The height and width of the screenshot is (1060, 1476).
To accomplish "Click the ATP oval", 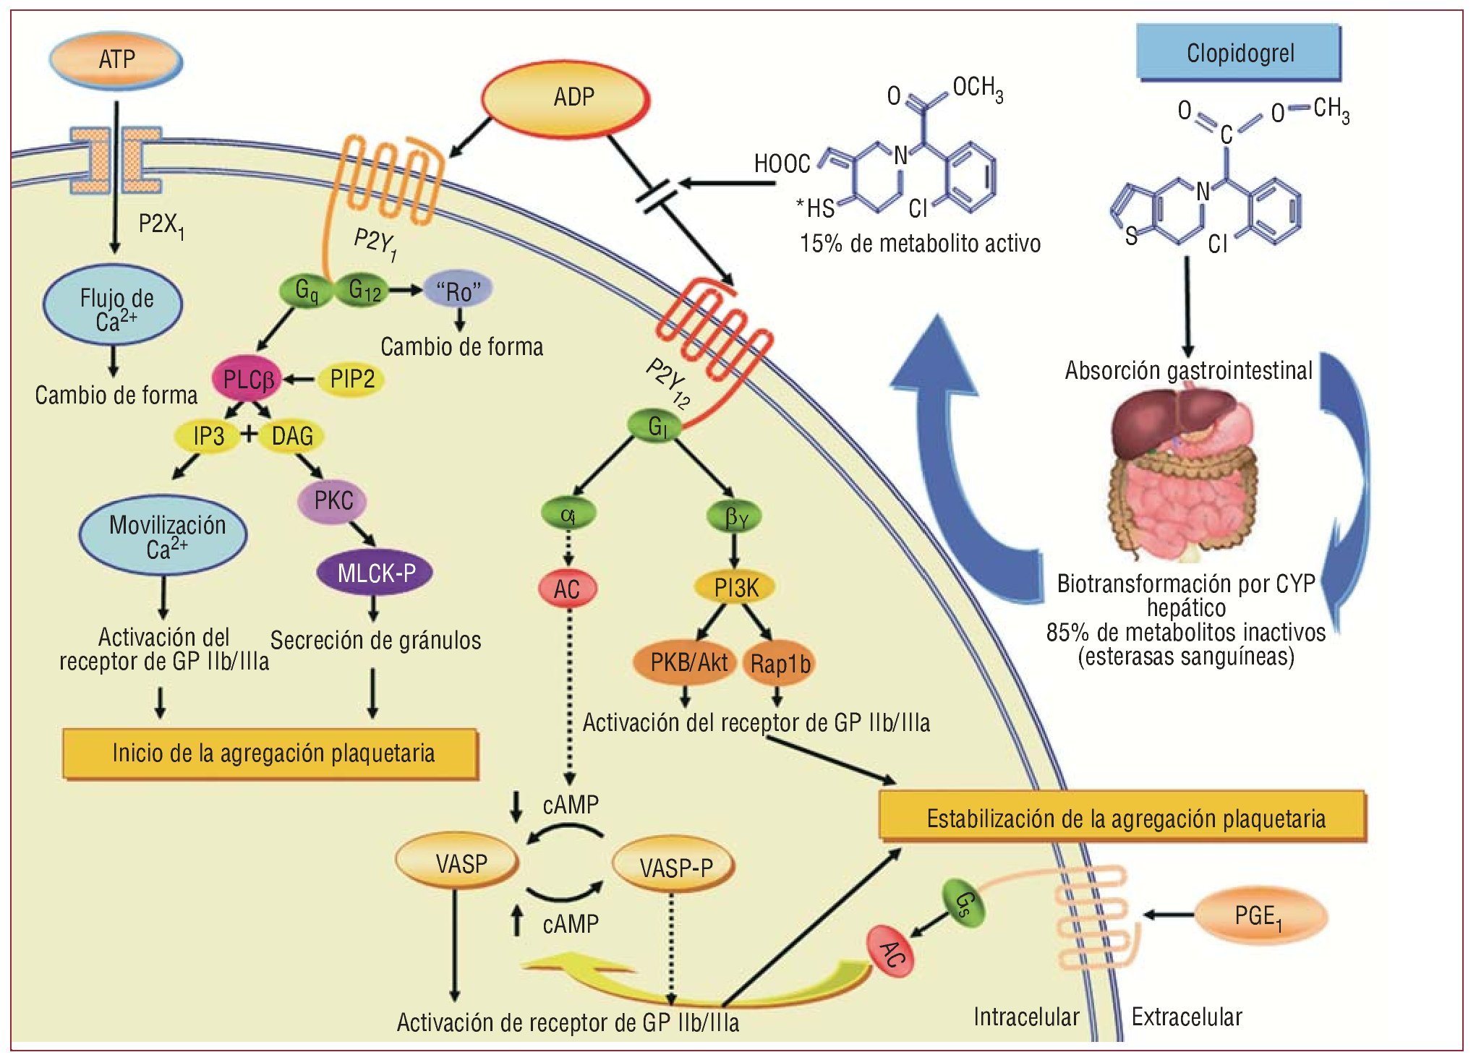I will point(116,59).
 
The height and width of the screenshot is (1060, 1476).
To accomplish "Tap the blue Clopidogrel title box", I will point(1239,53).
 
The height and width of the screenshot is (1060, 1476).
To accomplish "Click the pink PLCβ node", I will point(247,379).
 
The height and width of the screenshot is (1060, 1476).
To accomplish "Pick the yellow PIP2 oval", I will point(351,379).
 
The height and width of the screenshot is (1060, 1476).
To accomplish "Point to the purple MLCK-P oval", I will point(375,573).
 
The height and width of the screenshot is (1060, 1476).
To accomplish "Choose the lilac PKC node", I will point(333,500).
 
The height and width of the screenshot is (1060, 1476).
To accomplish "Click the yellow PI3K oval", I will point(735,588).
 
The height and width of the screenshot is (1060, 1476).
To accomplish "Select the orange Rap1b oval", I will point(780,663).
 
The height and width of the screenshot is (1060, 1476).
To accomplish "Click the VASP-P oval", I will point(675,866).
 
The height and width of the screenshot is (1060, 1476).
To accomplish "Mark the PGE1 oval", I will point(1259,916).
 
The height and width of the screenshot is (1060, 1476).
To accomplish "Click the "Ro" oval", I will point(458,291).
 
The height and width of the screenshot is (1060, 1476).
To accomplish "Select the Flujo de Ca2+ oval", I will point(114,307).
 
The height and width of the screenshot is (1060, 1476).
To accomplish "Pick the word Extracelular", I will point(1186,1017).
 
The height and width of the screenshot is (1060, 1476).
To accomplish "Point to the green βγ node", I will point(735,516).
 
